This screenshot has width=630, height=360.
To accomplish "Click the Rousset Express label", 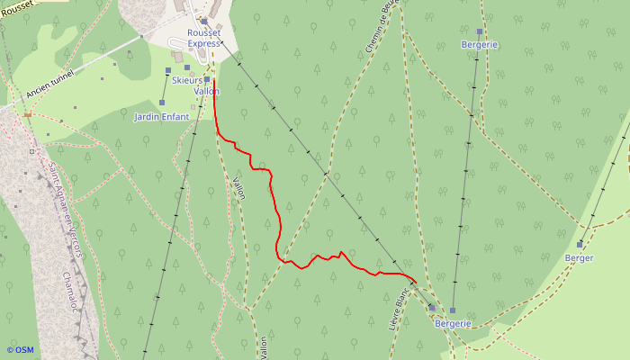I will click(203, 38).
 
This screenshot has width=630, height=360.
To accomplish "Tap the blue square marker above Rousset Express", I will click(204, 21).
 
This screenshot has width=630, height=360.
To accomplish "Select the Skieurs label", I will click(188, 80).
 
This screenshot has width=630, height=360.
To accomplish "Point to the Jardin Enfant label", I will click(161, 117).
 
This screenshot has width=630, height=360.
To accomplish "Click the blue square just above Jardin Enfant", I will click(162, 103).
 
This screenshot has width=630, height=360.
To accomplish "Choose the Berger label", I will click(579, 258).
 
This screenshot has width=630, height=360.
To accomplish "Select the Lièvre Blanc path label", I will click(400, 309).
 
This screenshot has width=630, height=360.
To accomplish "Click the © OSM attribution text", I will click(20, 350).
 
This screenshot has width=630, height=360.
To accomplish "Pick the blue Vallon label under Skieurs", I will click(206, 91).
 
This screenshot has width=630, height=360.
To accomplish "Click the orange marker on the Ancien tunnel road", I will click(28, 114).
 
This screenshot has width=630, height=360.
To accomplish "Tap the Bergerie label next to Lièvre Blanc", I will click(453, 323).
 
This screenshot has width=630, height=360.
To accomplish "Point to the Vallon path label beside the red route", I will click(239, 186).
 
